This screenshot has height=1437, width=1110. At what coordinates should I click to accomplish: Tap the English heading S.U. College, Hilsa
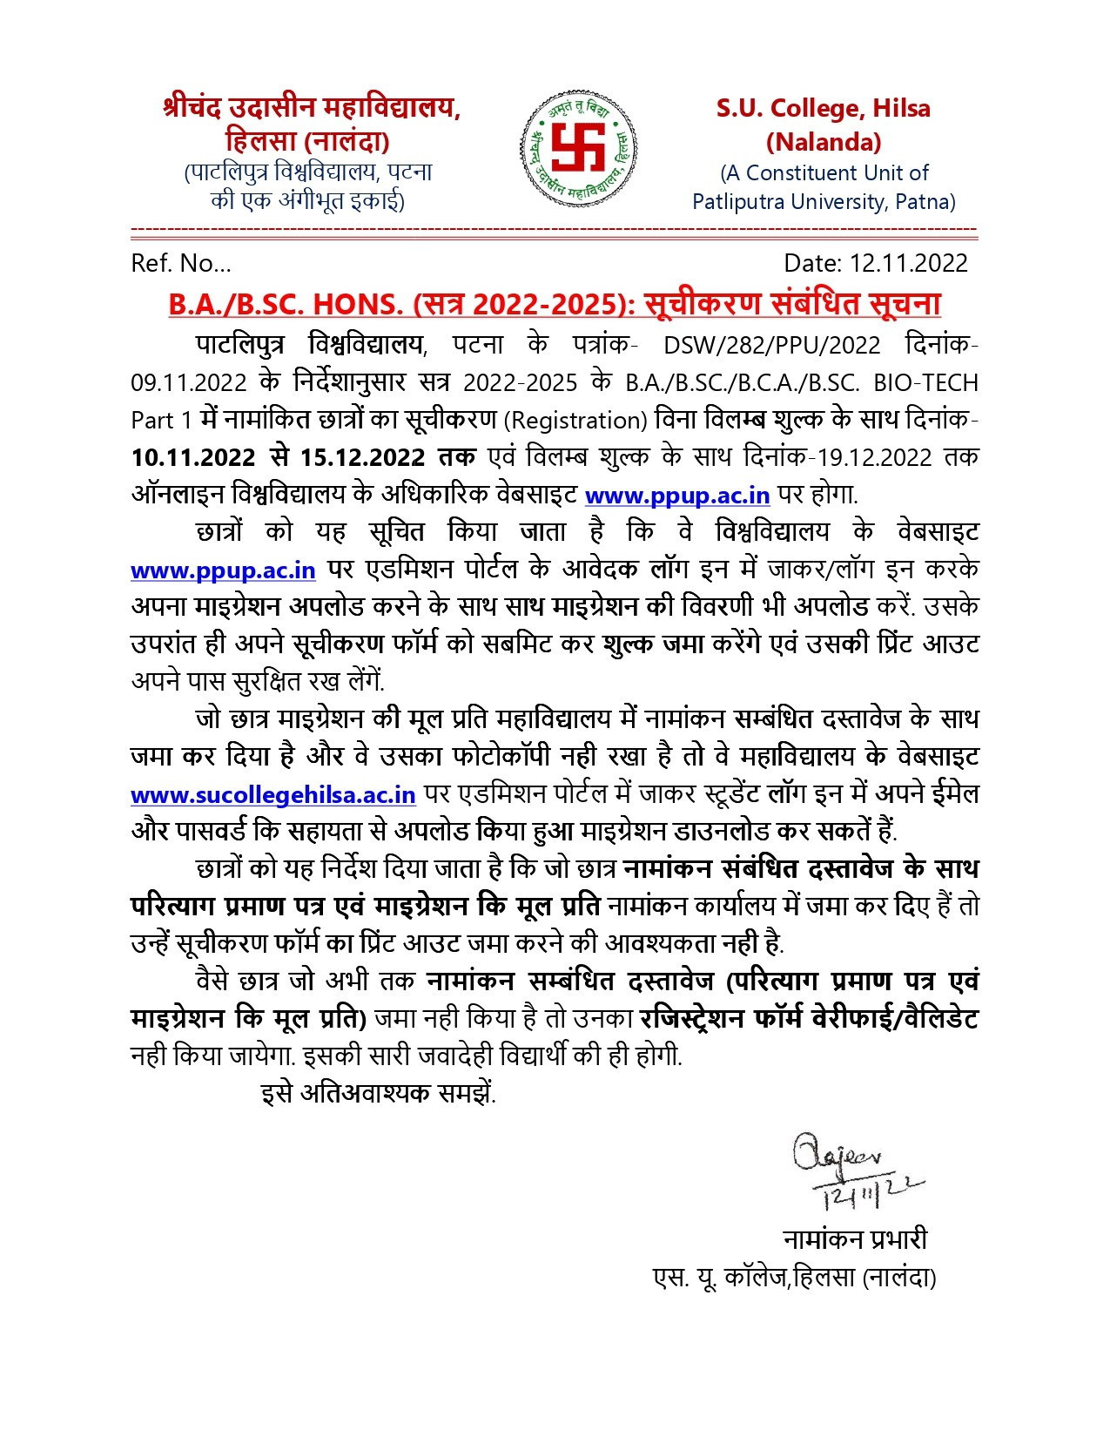click(x=823, y=109)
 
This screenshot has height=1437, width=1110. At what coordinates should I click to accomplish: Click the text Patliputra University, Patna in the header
click(x=823, y=202)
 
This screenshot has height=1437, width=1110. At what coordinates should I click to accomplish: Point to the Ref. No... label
click(x=181, y=263)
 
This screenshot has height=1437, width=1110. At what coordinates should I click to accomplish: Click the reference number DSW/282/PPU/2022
click(x=771, y=346)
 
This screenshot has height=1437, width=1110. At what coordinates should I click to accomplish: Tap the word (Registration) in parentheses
click(x=575, y=421)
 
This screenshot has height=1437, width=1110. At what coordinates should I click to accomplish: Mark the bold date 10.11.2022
click(x=192, y=458)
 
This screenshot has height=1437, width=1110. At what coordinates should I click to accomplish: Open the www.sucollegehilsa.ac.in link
click(x=273, y=795)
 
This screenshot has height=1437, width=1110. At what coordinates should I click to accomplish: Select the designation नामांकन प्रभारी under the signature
click(x=855, y=1239)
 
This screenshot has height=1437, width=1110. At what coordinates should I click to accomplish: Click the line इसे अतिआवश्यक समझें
click(x=378, y=1093)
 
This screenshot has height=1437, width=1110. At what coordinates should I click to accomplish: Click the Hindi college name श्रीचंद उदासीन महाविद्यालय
click(x=312, y=108)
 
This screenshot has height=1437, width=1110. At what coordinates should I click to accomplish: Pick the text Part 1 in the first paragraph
click(x=161, y=421)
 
